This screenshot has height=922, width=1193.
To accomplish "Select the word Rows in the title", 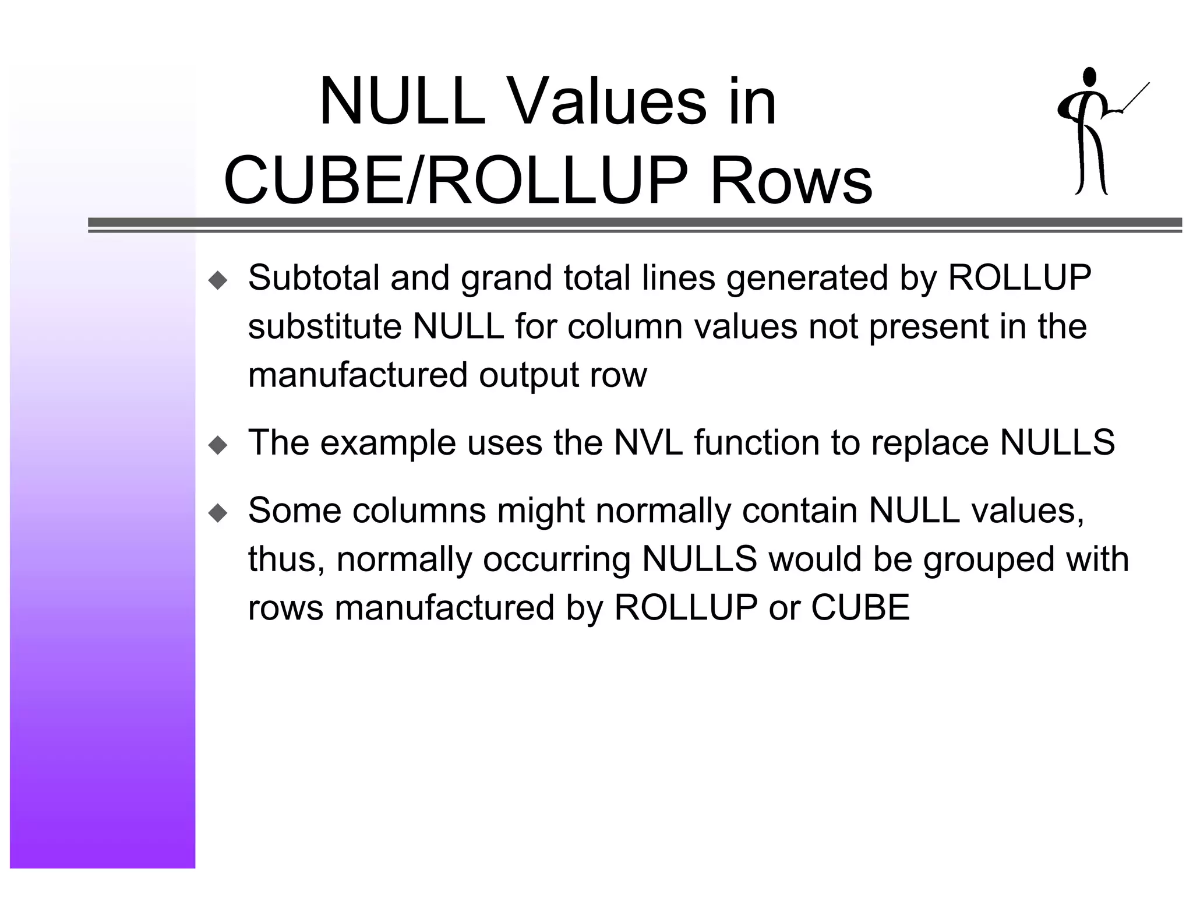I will (790, 181).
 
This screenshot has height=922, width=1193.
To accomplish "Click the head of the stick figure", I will (1089, 77).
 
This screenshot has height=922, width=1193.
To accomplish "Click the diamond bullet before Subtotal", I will (218, 281).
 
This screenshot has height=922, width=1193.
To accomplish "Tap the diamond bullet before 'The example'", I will (218, 446).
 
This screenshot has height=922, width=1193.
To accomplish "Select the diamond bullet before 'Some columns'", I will (218, 513).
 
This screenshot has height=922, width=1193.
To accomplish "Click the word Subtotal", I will (313, 277).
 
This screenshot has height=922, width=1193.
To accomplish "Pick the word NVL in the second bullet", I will (648, 442).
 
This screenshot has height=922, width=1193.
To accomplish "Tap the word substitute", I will (324, 326).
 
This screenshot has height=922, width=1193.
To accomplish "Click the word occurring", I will (556, 559).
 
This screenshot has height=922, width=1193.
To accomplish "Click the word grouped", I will (989, 559).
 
